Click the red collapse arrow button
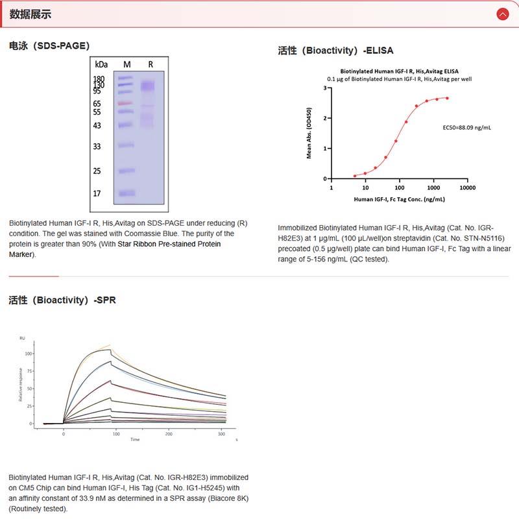pyautogui.click(x=502, y=14)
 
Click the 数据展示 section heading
pyautogui.click(x=30, y=14)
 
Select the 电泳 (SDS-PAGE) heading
pyautogui.click(x=49, y=45)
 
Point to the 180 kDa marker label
pyautogui.click(x=99, y=79)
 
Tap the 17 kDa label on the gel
pyautogui.click(x=97, y=193)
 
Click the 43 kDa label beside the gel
pyautogui.click(x=97, y=125)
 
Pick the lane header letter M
pyautogui.click(x=127, y=64)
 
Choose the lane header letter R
pyautogui.click(x=151, y=64)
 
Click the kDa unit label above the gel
pyautogui.click(x=101, y=64)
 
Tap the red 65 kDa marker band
pyautogui.click(x=125, y=103)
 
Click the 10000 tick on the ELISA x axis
pyautogui.click(x=467, y=187)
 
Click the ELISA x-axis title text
pyautogui.click(x=399, y=199)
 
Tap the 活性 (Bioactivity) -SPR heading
pyautogui.click(x=62, y=300)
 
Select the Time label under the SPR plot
pyautogui.click(x=134, y=439)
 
